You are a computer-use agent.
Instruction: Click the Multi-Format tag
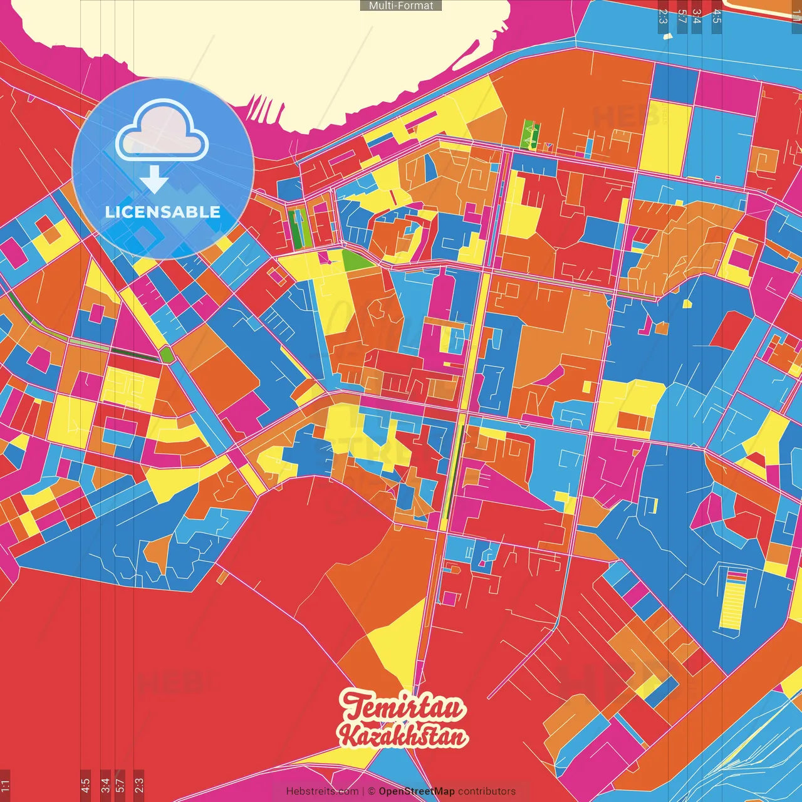coord(401,6)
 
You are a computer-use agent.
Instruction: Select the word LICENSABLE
coord(163,212)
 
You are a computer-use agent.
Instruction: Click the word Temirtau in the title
coord(403,707)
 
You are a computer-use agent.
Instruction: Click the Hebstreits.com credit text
coord(322,791)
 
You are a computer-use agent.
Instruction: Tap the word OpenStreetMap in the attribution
coord(416,791)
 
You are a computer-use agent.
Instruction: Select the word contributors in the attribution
coord(487,791)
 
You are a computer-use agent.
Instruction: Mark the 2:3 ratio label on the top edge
coord(663,16)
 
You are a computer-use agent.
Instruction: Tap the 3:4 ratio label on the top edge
coord(697,16)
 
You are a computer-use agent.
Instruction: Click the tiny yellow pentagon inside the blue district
coord(687,305)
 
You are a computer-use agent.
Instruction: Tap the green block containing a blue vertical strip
coord(298,227)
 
